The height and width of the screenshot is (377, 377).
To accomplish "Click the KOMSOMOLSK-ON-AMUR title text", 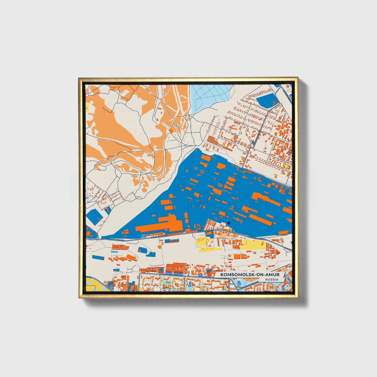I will [250, 275].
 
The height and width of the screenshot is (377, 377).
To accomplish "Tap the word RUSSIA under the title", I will [271, 279].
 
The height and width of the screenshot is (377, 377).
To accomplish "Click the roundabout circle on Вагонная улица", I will [220, 230].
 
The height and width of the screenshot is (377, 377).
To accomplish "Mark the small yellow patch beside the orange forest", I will [87, 107].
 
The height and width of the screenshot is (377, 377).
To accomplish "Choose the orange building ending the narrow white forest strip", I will [171, 130].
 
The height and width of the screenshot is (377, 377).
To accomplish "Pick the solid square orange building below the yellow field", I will [237, 256].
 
